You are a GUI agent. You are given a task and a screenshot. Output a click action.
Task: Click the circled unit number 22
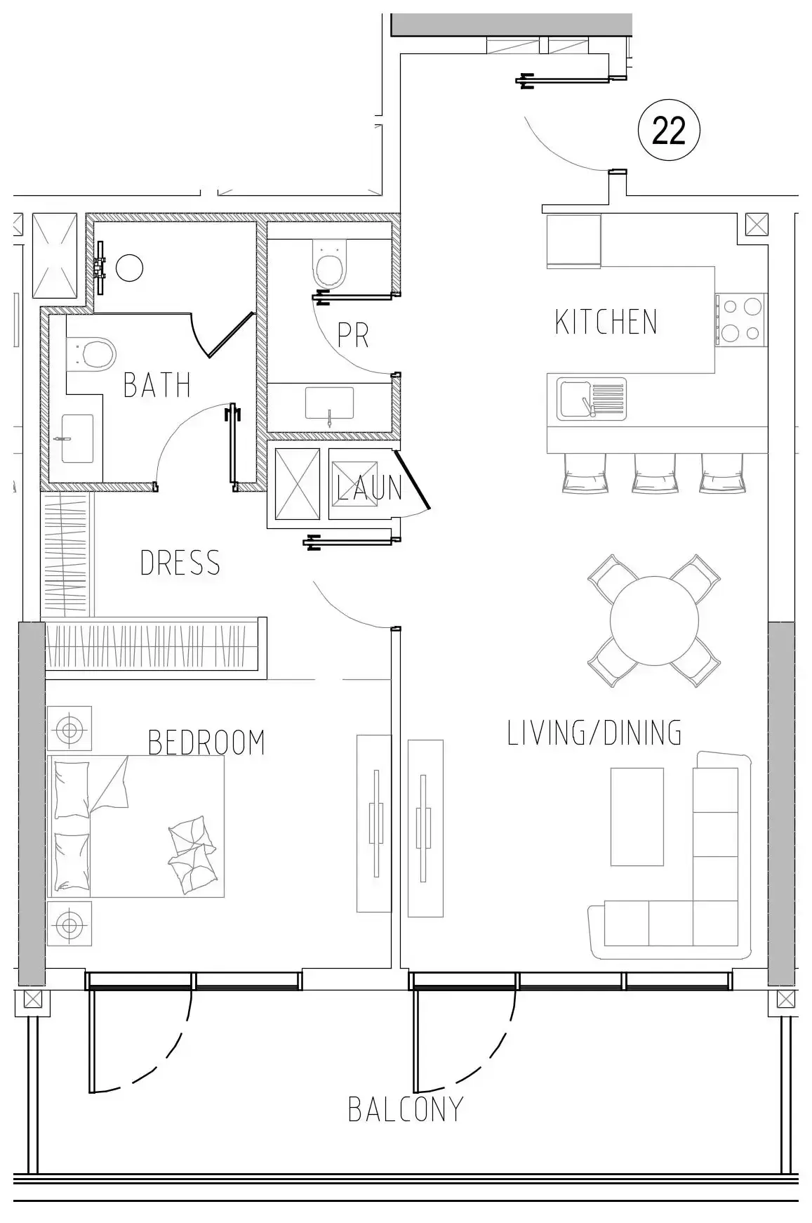668,131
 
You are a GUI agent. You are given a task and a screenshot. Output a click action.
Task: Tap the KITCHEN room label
606,322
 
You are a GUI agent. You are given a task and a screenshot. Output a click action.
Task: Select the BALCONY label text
406,1110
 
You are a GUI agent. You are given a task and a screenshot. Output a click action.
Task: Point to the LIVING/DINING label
594,733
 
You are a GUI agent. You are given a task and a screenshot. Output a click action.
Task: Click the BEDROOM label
206,743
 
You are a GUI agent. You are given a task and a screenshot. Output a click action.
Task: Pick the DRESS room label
180,563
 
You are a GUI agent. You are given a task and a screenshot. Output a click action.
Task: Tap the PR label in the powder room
353,336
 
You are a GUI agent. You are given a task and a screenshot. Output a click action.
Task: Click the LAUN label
370,488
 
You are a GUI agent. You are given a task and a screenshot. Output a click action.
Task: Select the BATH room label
157,385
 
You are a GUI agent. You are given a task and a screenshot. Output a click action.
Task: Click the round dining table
654,620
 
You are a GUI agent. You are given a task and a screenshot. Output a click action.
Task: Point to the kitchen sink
592,399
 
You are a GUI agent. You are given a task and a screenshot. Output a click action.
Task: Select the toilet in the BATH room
92,353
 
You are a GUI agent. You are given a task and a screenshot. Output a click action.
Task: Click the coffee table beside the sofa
637,816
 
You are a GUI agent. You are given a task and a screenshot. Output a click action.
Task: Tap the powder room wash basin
330,403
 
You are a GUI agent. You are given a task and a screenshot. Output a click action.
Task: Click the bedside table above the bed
69,728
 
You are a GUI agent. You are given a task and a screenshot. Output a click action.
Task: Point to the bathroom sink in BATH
77,438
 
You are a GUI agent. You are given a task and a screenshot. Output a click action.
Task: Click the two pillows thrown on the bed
192,854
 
